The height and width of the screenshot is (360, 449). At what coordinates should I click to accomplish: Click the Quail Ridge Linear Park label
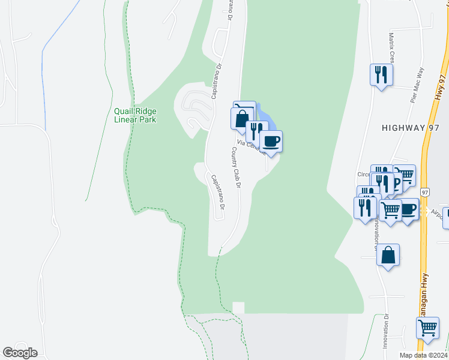(x=135, y=115)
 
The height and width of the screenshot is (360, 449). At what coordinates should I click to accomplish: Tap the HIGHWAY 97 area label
(x=411, y=128)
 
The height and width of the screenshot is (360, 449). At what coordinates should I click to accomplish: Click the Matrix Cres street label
(x=391, y=50)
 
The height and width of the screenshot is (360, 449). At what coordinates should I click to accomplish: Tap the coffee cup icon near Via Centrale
(x=271, y=142)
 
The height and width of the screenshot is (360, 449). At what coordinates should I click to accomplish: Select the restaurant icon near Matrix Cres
(x=381, y=75)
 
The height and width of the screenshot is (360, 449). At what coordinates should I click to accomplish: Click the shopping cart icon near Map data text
(x=427, y=328)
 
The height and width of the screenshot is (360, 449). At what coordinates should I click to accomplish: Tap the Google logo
(x=20, y=353)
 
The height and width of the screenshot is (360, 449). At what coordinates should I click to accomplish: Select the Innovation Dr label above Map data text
(x=385, y=332)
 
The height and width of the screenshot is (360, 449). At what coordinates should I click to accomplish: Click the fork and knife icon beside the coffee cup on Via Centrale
(x=257, y=130)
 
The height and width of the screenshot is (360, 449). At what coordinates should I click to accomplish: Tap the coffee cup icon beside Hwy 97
(x=408, y=209)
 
